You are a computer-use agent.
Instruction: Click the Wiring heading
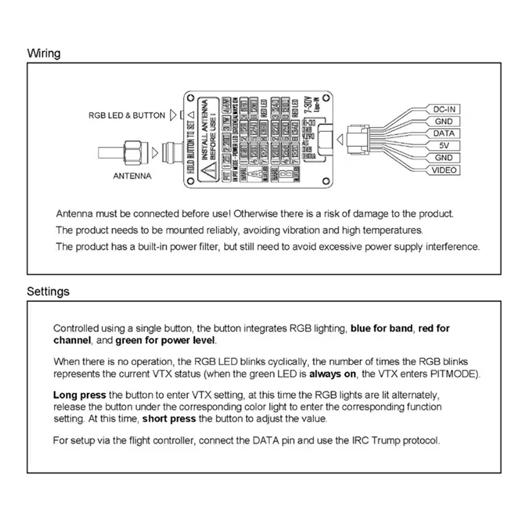tap(44, 53)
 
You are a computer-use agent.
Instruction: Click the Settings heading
tap(48, 292)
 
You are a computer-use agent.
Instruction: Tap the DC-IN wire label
tap(444, 109)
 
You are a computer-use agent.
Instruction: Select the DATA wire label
tap(444, 133)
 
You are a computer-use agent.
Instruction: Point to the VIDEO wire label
tap(444, 170)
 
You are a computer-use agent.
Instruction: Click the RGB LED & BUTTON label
tap(127, 116)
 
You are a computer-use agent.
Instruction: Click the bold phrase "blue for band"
tap(382, 328)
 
